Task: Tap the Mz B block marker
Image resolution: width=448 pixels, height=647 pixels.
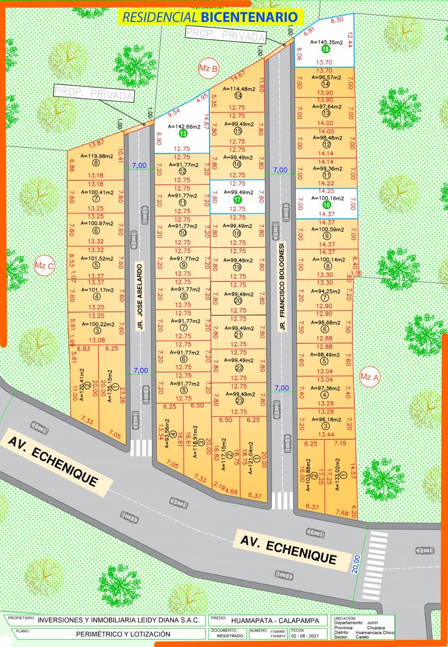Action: [208, 69]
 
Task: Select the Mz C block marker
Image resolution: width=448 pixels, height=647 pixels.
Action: [44, 266]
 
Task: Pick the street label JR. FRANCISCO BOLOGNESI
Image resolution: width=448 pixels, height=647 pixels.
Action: [282, 287]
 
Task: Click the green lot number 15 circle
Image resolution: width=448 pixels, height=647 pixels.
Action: [326, 49]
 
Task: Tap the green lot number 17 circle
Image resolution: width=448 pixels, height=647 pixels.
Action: [238, 200]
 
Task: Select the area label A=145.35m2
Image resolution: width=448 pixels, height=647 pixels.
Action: [326, 42]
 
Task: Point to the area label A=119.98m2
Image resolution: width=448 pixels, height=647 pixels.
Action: [96, 156]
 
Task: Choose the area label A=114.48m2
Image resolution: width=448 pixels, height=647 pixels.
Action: [238, 89]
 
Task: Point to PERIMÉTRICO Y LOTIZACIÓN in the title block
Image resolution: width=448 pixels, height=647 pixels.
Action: [123, 634]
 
